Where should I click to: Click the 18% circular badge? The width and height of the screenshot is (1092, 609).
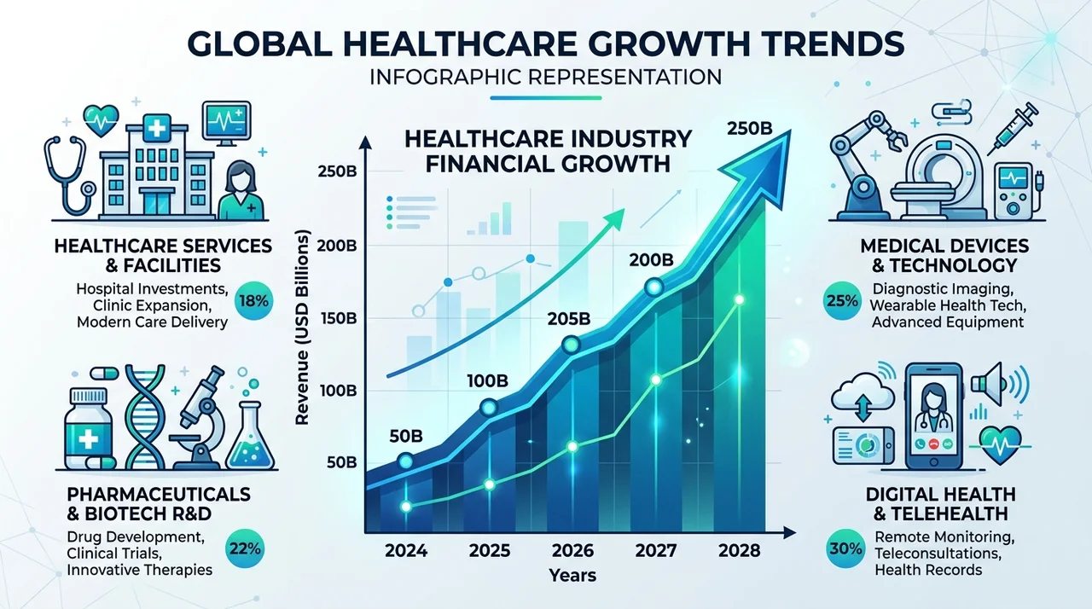[253, 300]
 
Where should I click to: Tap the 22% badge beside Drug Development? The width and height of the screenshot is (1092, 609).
[245, 549]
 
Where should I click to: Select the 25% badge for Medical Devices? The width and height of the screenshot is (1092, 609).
[842, 300]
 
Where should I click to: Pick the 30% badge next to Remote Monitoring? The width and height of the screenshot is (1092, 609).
[845, 549]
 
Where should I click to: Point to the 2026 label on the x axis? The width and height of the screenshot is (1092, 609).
[572, 551]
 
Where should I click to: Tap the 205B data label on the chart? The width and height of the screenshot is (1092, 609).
[569, 319]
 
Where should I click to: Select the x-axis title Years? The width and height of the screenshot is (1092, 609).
[572, 576]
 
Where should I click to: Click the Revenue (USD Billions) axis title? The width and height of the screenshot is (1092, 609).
[302, 327]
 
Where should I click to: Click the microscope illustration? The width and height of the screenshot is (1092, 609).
[200, 418]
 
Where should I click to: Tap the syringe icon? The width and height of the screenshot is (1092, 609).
[1012, 128]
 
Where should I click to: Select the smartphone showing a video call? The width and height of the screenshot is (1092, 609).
[933, 416]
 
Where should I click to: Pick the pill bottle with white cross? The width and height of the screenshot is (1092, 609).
[88, 429]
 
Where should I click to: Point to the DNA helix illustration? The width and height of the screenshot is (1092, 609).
[145, 416]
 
